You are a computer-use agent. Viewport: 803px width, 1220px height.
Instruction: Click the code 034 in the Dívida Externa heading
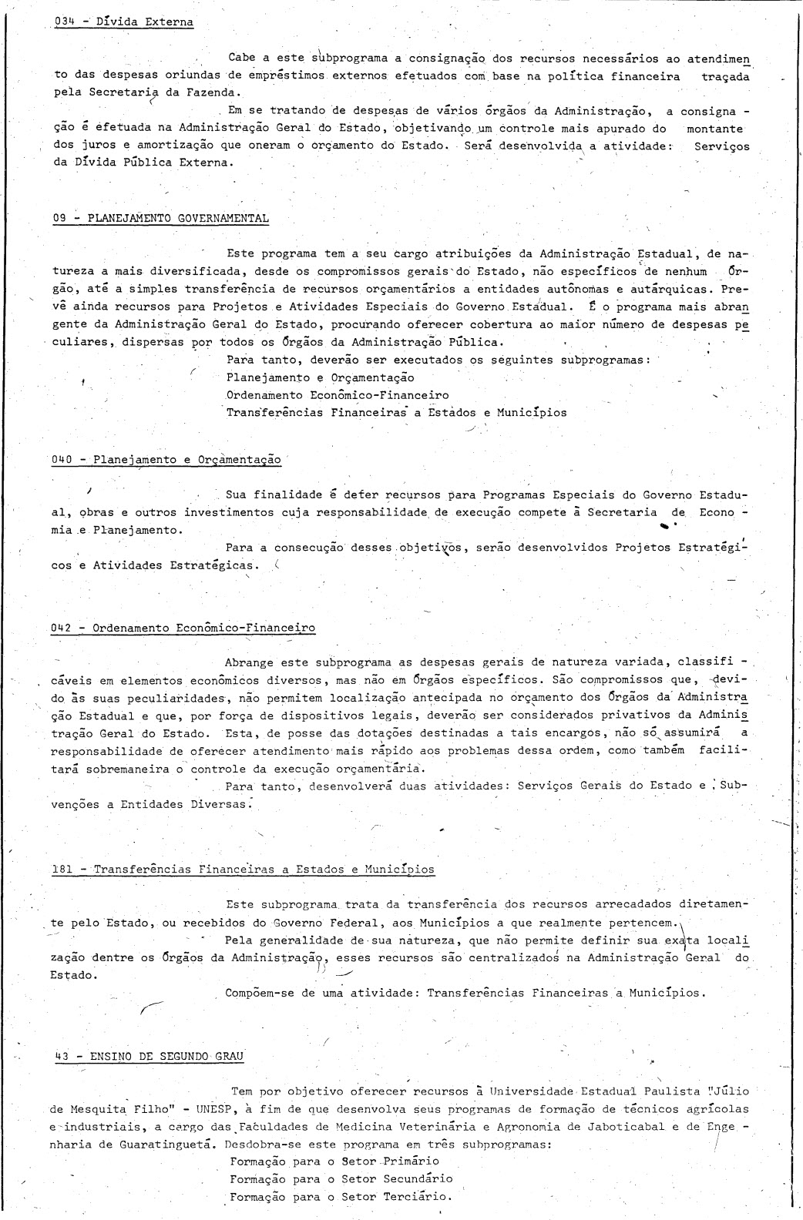[65, 22]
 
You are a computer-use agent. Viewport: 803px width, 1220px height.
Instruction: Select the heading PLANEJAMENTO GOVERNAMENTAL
[178, 218]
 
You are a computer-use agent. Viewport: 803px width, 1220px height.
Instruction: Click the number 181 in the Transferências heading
[62, 870]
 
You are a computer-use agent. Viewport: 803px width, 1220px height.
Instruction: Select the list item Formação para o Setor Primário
[334, 1161]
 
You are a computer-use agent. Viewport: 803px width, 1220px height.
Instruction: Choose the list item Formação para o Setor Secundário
[341, 1179]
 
